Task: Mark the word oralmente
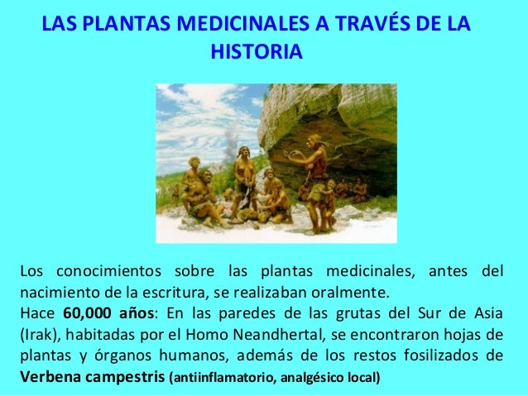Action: (352, 292)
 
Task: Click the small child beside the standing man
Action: (330, 203)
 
